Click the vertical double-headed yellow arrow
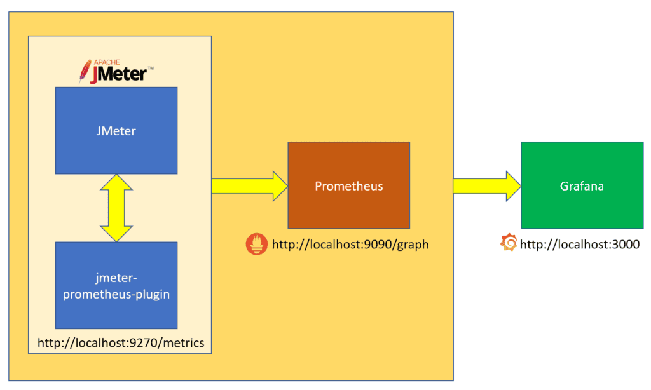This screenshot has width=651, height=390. [x=116, y=208]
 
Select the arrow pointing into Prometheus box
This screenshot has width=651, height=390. [x=249, y=186]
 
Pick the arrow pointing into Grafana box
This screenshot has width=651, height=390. [x=486, y=186]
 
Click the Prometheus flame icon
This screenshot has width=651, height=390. [x=257, y=245]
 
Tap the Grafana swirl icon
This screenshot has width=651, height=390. [x=509, y=243]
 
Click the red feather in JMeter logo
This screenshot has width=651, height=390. [x=83, y=72]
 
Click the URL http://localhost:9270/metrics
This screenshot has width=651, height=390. [x=121, y=343]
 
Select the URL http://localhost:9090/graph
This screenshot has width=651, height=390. [x=350, y=245]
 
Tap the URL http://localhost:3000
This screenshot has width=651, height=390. [x=579, y=245]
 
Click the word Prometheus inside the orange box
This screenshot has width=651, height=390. [x=349, y=186]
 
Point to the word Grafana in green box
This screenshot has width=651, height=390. [x=582, y=186]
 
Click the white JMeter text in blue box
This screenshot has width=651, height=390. [x=116, y=131]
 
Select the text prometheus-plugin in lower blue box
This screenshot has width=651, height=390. [x=116, y=295]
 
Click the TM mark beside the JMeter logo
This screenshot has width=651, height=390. [x=151, y=67]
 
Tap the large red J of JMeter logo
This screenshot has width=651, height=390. [x=93, y=76]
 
